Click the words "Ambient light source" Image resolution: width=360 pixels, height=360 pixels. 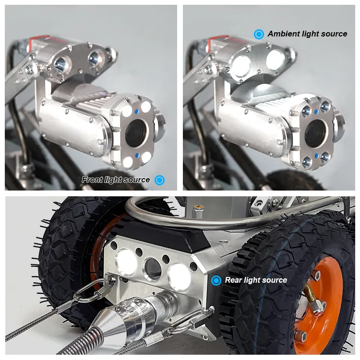point(307,34)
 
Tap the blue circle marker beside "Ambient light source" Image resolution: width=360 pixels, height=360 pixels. point(259,34)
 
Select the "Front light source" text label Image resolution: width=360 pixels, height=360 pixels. point(116,180)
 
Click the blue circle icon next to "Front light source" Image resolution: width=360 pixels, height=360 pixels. point(160,180)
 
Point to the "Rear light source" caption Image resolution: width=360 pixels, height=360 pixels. point(256,280)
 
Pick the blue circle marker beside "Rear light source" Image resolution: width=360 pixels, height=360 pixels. point(216,280)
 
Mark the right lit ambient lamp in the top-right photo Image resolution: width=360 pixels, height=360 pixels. point(275,59)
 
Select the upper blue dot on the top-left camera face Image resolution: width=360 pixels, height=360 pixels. point(138,110)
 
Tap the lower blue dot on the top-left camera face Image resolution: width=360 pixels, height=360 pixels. point(138,156)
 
